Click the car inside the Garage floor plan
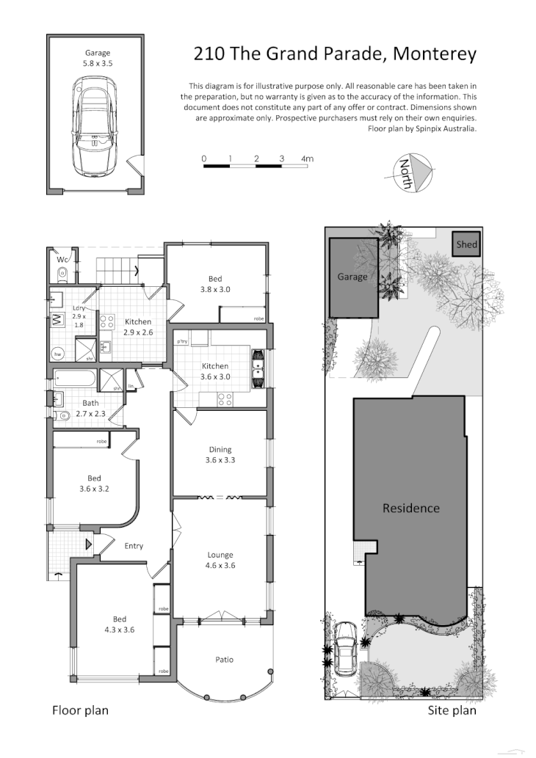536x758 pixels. pyautogui.click(x=95, y=126)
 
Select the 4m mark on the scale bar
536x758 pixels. pyautogui.click(x=307, y=158)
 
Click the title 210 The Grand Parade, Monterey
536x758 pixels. pyautogui.click(x=335, y=54)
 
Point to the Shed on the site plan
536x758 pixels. pyautogui.click(x=467, y=244)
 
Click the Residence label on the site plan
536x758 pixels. pyautogui.click(x=410, y=508)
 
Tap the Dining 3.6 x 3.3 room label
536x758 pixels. pyautogui.click(x=220, y=455)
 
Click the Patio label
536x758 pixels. pyautogui.click(x=224, y=660)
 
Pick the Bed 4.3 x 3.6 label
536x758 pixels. pyautogui.click(x=119, y=624)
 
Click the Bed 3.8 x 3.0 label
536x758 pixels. pyautogui.click(x=214, y=284)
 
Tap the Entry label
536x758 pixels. pyautogui.click(x=134, y=546)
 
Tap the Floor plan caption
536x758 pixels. pyautogui.click(x=80, y=710)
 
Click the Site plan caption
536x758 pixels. pyautogui.click(x=452, y=710)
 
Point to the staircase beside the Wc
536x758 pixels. pyautogui.click(x=118, y=271)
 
